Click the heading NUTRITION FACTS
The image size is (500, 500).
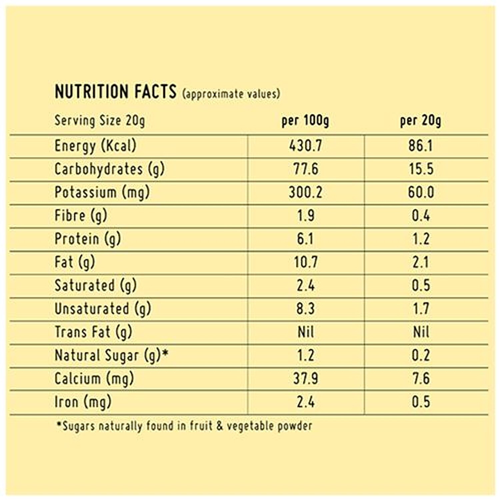point(115,92)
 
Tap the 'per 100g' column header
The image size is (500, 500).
point(305,121)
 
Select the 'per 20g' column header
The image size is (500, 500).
point(420,121)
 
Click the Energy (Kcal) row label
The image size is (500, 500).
point(95,146)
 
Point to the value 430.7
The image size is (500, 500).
point(305,146)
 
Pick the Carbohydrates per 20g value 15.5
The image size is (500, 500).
point(421,169)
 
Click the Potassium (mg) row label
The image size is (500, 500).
point(102,192)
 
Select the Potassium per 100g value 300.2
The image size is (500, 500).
point(305,192)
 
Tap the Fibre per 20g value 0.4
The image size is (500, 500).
point(421,216)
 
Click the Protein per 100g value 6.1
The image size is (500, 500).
point(305,239)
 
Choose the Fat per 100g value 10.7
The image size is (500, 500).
point(305,262)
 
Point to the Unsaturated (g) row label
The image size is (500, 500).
point(103,309)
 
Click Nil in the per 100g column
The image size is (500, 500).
point(305,332)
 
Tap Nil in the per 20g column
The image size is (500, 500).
point(421,332)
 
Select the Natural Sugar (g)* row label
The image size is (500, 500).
point(111,355)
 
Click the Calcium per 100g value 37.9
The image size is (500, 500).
point(305,379)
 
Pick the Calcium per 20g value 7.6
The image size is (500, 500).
point(421,379)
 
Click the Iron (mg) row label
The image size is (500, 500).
point(83,402)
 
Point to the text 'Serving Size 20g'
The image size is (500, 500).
point(100,121)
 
